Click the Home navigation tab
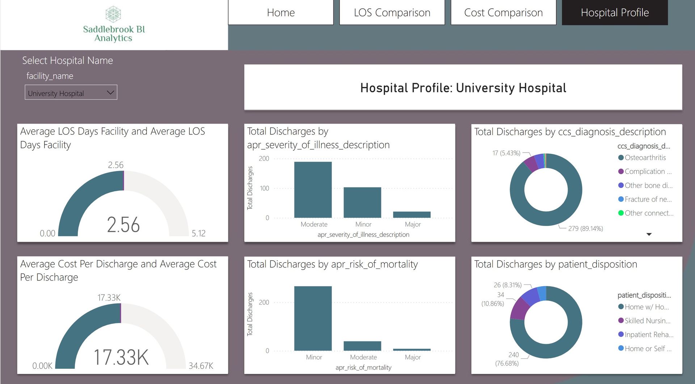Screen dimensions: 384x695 pyautogui.click(x=281, y=13)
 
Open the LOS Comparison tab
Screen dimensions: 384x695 pyautogui.click(x=392, y=13)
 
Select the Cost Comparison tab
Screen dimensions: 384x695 pyautogui.click(x=503, y=13)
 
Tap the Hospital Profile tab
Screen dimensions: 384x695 pyautogui.click(x=615, y=13)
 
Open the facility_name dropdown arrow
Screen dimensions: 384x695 pyautogui.click(x=110, y=93)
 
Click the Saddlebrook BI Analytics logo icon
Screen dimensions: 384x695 pyautogui.click(x=113, y=14)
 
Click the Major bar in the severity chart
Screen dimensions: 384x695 pyautogui.click(x=412, y=214)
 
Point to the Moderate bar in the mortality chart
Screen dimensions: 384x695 pyautogui.click(x=362, y=346)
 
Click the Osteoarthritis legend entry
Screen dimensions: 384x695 pyautogui.click(x=645, y=158)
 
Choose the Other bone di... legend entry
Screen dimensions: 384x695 pyautogui.click(x=648, y=185)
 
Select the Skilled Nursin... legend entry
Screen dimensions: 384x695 pyautogui.click(x=647, y=321)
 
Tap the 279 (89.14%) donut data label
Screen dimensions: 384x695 pyautogui.click(x=585, y=229)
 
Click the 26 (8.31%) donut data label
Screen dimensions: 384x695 pyautogui.click(x=507, y=285)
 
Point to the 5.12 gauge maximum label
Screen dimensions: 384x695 pyautogui.click(x=198, y=233)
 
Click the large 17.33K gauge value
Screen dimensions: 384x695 pyautogui.click(x=121, y=357)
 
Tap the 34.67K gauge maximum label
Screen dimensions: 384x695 pyautogui.click(x=201, y=366)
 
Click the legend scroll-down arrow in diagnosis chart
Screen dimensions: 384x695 pyautogui.click(x=649, y=234)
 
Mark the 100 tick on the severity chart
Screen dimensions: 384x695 pyautogui.click(x=264, y=188)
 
